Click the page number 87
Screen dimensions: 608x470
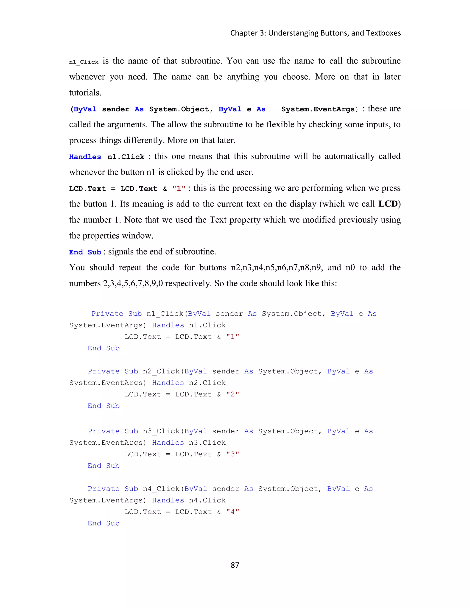tap(235, 565)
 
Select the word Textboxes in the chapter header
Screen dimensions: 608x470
tap(383, 33)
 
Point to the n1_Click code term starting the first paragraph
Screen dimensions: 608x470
tap(84, 62)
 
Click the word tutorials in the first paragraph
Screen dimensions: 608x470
tap(85, 93)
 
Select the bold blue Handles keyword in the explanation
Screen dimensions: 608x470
tap(85, 157)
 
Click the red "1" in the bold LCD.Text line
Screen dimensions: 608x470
tap(179, 189)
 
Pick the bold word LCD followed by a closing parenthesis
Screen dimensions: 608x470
tap(388, 204)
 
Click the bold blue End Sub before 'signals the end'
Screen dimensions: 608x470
tap(85, 252)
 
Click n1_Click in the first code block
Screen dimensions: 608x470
tap(165, 314)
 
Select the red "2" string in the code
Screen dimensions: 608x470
tap(232, 394)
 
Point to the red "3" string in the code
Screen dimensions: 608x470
tap(232, 454)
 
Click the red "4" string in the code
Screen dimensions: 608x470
tap(232, 512)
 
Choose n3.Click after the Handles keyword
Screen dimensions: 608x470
tap(207, 443)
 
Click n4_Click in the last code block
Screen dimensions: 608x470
tap(161, 489)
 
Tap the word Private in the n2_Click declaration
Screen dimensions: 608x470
tap(103, 371)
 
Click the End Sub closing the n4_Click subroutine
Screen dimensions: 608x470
tap(103, 523)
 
